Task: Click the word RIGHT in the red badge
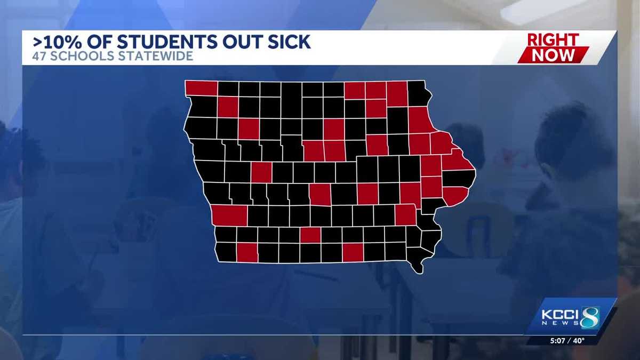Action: (x=553, y=40)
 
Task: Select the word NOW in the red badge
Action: (x=553, y=54)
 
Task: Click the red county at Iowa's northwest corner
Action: (x=201, y=88)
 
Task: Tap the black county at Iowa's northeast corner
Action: (x=419, y=93)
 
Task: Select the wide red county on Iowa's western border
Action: (x=229, y=215)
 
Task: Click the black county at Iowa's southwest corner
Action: (x=226, y=252)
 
